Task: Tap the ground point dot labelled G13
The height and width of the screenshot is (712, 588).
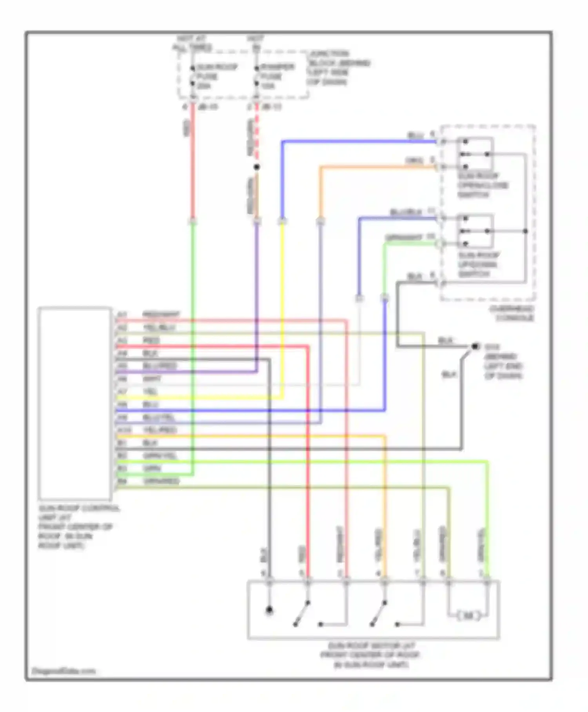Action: pyautogui.click(x=475, y=346)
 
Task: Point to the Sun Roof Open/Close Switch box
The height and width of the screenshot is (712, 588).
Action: pyautogui.click(x=475, y=153)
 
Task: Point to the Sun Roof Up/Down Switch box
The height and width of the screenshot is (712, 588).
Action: pyautogui.click(x=475, y=231)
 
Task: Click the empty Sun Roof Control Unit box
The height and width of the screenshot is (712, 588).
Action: pyautogui.click(x=74, y=403)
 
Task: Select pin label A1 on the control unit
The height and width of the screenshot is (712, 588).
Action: pyautogui.click(x=122, y=315)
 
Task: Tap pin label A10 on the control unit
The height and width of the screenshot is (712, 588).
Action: pyautogui.click(x=124, y=430)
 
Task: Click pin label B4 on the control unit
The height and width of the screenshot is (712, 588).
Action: pyautogui.click(x=122, y=481)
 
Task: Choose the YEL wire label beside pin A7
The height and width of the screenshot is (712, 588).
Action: pyautogui.click(x=151, y=391)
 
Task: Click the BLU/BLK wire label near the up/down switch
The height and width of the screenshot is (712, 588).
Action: pyautogui.click(x=406, y=212)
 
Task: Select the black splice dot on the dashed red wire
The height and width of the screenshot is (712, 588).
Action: pyautogui.click(x=256, y=167)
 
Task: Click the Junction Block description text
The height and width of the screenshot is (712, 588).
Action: pyautogui.click(x=339, y=68)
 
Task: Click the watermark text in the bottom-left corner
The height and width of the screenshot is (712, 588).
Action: pyautogui.click(x=64, y=671)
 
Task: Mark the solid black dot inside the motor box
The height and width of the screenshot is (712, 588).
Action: pyautogui.click(x=269, y=610)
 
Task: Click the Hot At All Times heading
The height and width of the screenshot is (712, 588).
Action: pyautogui.click(x=192, y=43)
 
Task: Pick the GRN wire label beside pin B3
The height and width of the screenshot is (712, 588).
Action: pyautogui.click(x=152, y=469)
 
